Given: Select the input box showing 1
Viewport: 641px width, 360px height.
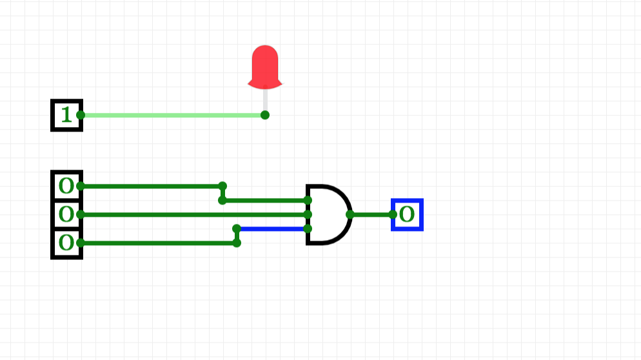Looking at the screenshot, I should [66, 115].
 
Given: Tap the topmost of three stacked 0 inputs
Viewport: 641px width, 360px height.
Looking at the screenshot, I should [66, 186].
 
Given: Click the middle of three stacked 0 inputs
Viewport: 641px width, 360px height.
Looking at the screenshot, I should [66, 214].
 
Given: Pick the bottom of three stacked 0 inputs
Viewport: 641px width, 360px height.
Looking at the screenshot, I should [66, 243].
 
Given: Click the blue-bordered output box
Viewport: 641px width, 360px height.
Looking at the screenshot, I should [407, 214].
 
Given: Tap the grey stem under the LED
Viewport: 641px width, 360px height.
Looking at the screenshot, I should [265, 100].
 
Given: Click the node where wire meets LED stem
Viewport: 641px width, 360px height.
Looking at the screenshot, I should [265, 115].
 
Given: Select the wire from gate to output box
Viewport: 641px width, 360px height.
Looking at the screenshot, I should [371, 214].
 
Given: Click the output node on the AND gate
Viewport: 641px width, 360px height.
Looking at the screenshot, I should [350, 214].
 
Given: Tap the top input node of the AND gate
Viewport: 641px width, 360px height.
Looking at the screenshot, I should [308, 200].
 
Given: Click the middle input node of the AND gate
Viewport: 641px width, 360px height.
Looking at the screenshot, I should [308, 214].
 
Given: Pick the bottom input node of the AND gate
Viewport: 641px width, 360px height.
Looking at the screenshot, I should [308, 228].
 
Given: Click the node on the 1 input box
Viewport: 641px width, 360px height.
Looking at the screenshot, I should [81, 115].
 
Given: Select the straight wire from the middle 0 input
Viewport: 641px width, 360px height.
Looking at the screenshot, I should [193, 214].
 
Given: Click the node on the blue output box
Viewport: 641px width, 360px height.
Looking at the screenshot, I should [393, 214].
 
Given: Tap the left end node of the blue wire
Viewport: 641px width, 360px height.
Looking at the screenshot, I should [237, 228].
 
